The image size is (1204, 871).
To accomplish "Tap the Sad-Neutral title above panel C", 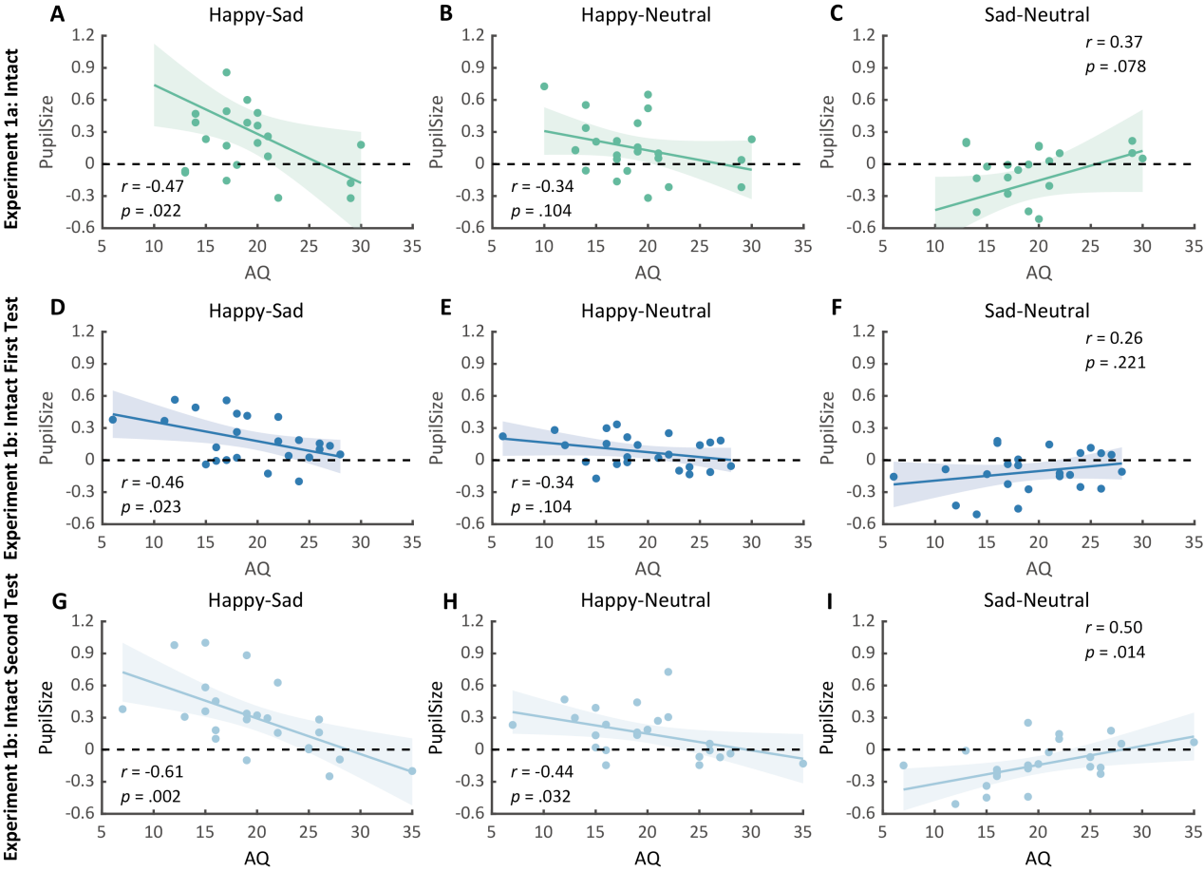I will [1038, 15].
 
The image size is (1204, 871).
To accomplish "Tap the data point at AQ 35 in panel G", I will [412, 770].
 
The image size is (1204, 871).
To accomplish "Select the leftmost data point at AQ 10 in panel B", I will [544, 86].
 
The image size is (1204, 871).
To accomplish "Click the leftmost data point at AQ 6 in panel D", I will [113, 419].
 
